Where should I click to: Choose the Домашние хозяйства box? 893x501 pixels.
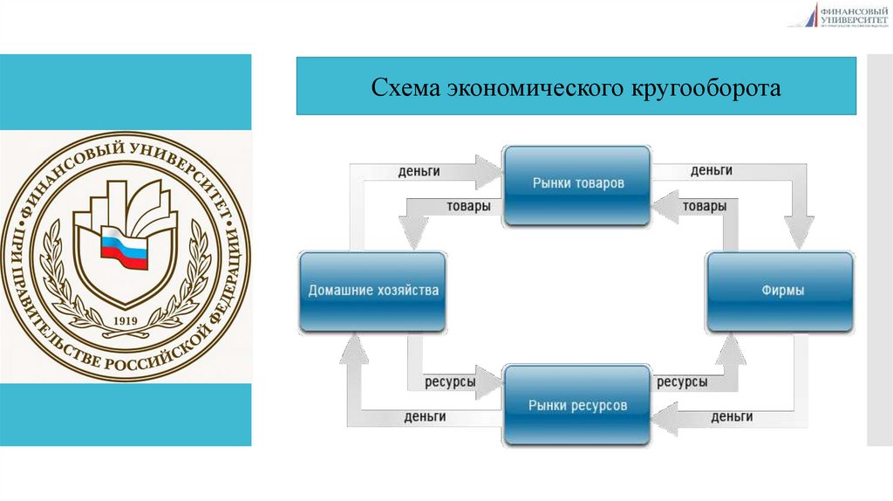(x=372, y=291)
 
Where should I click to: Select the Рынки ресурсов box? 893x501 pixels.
(x=577, y=406)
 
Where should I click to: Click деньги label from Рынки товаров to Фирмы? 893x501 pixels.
(x=711, y=170)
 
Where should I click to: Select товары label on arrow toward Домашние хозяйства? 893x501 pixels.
(x=469, y=207)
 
